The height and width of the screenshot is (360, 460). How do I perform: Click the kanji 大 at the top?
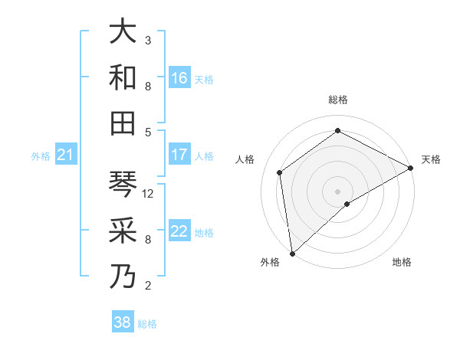[123, 32]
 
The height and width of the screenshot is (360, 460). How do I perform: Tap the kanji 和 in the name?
[123, 77]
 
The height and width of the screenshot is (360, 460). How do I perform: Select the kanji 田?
[123, 123]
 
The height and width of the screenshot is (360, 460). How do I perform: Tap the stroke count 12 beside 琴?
[149, 194]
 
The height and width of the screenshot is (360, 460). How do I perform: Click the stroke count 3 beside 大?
[148, 40]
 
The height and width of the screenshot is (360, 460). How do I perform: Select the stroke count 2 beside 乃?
[148, 286]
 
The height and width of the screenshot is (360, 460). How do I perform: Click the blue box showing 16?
[179, 77]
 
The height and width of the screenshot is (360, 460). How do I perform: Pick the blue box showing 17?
[179, 155]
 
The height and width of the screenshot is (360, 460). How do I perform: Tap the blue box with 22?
[179, 232]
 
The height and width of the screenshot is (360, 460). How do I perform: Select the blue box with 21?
[66, 155]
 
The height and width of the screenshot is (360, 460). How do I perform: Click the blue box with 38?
[123, 322]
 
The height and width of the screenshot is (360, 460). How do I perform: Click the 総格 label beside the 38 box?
[147, 324]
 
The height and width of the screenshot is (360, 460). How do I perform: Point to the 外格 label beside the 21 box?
[41, 156]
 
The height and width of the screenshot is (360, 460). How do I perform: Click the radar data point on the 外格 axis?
[292, 253]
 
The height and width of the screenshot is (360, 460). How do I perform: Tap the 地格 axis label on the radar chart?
[402, 263]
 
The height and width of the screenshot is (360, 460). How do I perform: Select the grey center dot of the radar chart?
[337, 190]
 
